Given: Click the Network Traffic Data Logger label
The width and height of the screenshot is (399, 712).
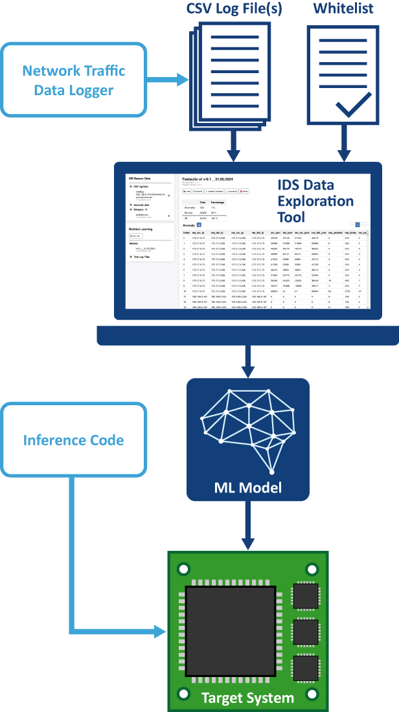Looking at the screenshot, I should pos(74,80).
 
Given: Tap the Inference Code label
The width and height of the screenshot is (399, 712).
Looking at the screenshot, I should pos(73,441).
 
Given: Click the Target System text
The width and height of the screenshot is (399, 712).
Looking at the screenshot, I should pos(247,698).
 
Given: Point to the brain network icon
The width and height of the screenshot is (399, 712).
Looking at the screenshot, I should pos(247,428).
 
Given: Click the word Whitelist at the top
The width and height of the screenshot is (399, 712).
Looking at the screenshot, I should pos(343,9).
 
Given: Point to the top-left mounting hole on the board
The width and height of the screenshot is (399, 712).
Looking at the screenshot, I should pos(184,568).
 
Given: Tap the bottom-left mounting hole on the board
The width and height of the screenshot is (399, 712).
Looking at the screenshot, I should pos(184,694).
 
